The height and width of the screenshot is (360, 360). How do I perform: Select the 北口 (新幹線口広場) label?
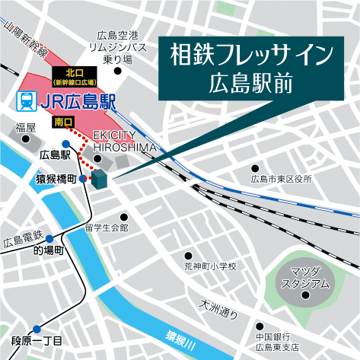[75, 77]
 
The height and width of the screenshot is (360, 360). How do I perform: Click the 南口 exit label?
[64, 122]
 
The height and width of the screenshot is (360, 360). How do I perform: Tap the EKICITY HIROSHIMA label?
[124, 140]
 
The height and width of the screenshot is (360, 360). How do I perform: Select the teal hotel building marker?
[99, 180]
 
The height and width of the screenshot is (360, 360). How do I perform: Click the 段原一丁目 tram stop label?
[37, 340]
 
